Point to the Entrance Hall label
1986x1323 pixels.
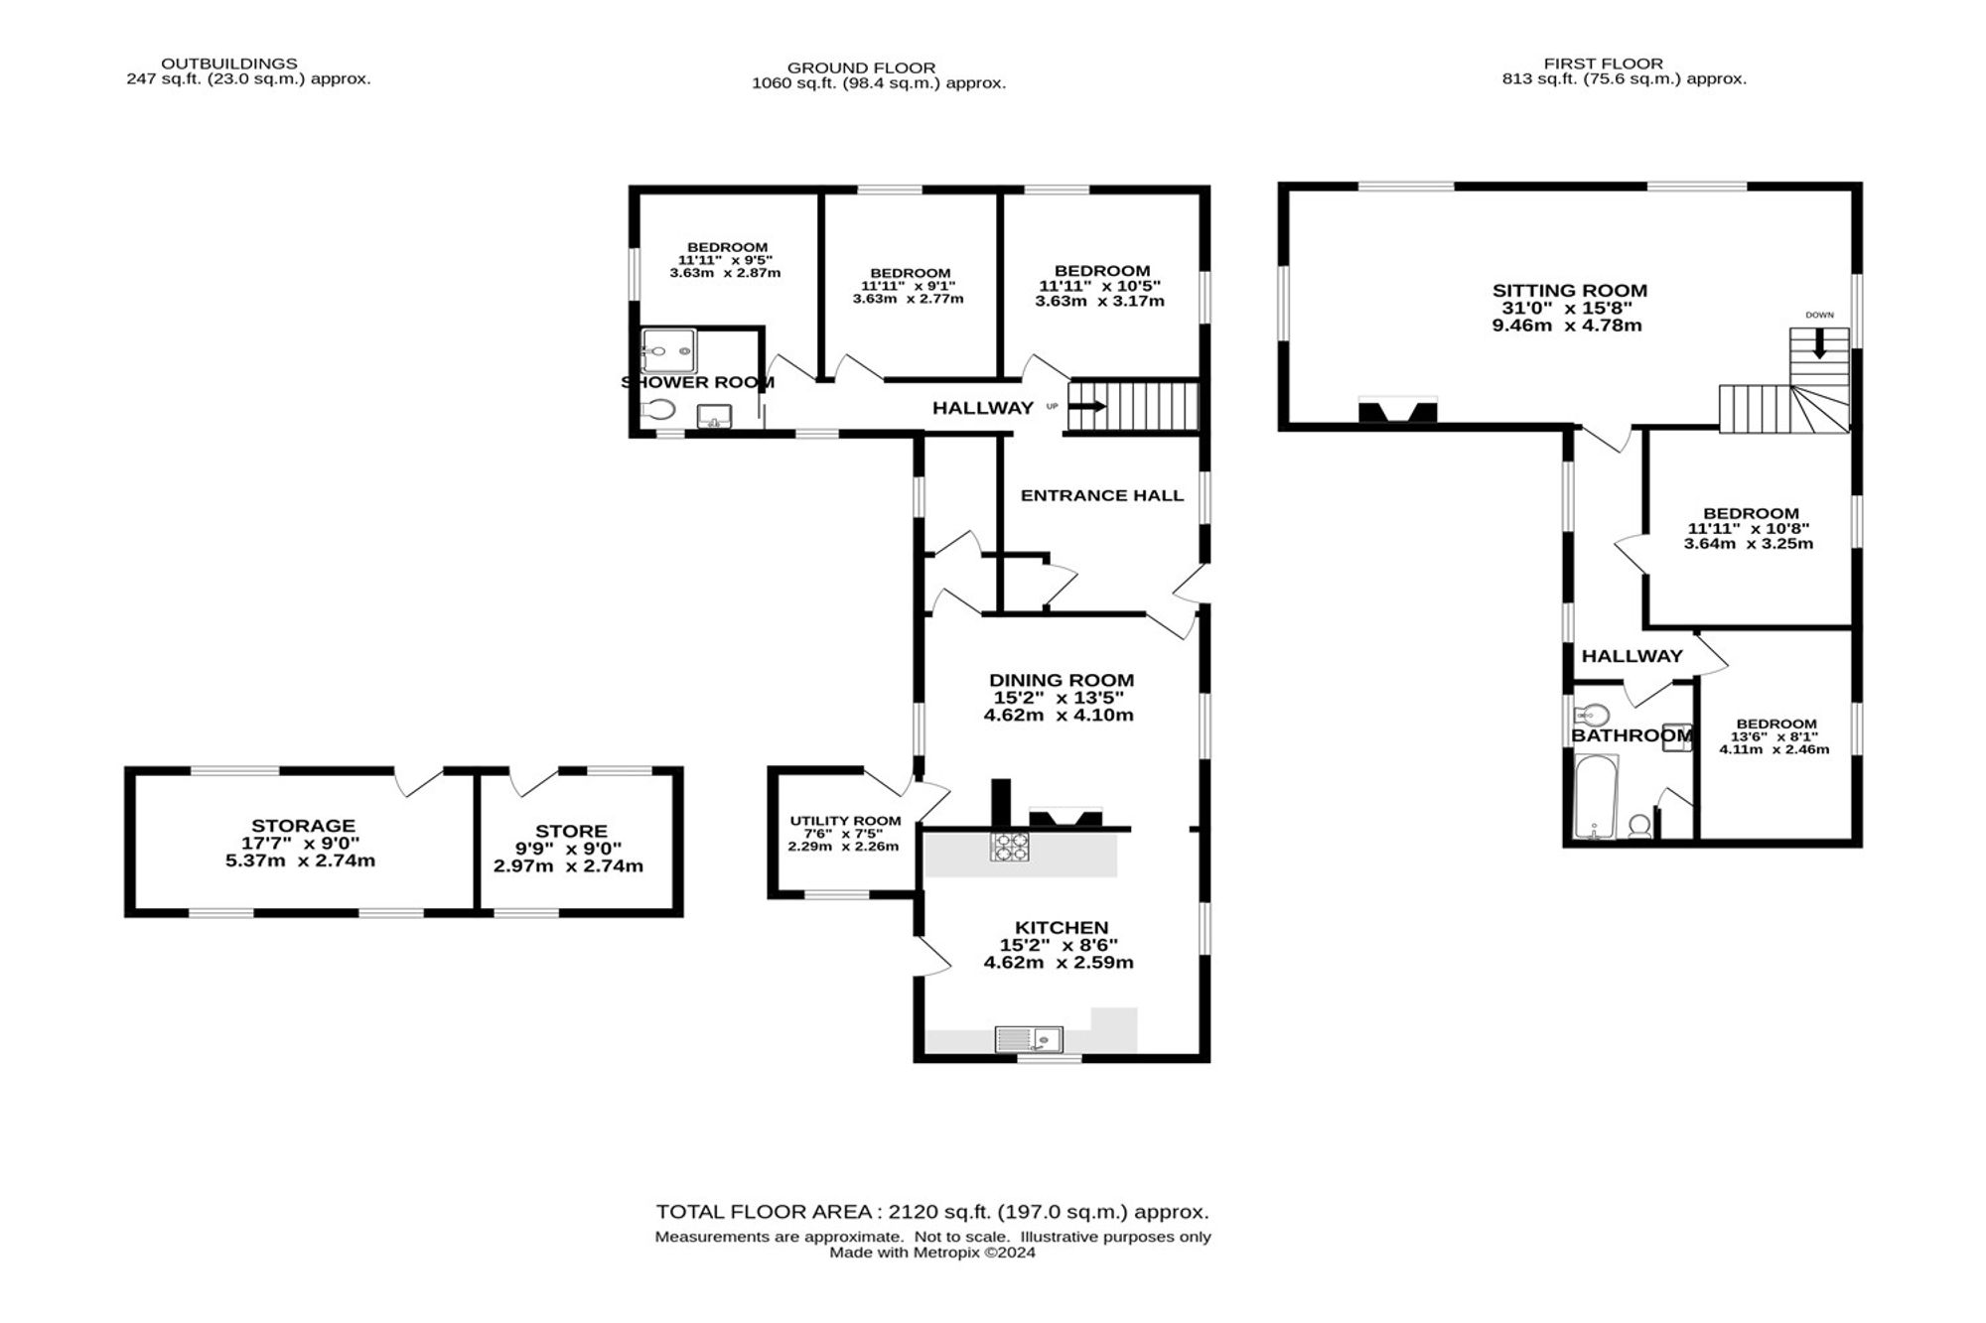(1102, 495)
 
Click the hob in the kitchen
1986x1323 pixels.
(1009, 846)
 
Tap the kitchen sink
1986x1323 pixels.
(1029, 1039)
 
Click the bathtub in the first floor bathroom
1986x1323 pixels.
(1597, 796)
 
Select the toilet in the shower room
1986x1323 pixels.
(657, 409)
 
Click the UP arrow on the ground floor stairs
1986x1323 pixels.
(1086, 406)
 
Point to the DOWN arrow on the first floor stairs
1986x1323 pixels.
(1819, 342)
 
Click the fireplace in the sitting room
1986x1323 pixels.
(1397, 409)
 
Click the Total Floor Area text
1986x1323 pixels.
(932, 1212)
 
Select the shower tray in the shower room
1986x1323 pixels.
(669, 350)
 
